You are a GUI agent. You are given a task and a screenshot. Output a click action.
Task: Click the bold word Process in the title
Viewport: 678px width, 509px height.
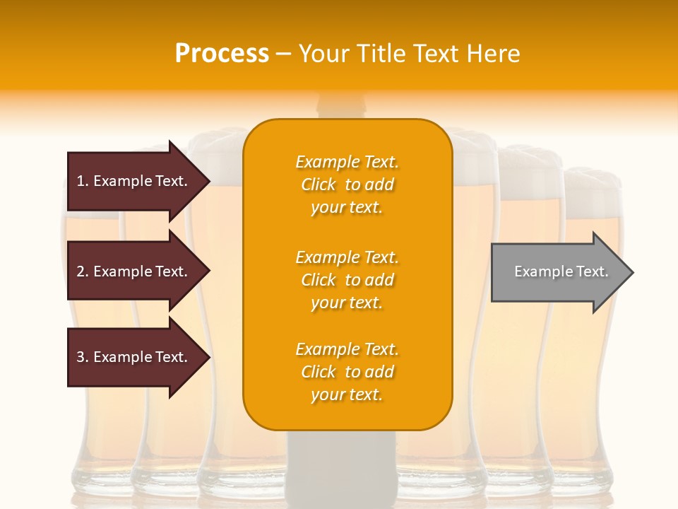coord(222,54)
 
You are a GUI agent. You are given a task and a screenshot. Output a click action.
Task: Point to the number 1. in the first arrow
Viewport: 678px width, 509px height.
coord(83,181)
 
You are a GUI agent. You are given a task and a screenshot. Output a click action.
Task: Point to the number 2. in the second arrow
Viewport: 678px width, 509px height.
coord(83,271)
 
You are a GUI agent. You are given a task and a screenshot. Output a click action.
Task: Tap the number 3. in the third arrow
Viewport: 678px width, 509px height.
coord(83,357)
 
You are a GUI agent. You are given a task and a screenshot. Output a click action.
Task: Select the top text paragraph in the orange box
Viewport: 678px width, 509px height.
coord(347,185)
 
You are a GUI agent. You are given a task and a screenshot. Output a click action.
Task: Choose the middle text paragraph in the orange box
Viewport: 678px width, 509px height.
coord(347,280)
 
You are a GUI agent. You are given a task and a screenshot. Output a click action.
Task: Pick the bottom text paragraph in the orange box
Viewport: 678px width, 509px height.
coord(347,372)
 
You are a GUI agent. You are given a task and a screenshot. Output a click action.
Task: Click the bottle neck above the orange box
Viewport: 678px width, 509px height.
coord(345,106)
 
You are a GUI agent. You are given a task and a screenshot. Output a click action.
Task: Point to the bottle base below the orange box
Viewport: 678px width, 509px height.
coord(345,467)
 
